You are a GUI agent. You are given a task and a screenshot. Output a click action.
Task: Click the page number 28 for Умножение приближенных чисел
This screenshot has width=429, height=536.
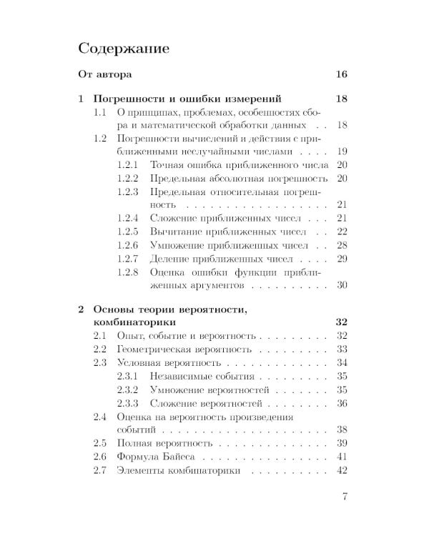click(x=341, y=244)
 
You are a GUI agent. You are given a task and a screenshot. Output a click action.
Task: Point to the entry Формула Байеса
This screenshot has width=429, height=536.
click(x=154, y=456)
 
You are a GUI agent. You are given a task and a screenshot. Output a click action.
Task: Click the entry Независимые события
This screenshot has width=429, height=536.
click(x=202, y=376)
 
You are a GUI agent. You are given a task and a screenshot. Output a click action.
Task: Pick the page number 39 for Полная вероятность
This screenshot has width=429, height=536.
click(x=341, y=442)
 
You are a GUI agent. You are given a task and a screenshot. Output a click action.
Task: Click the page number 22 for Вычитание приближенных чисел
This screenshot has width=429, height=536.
click(x=341, y=231)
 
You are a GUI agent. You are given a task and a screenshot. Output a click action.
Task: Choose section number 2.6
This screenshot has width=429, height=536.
click(x=101, y=456)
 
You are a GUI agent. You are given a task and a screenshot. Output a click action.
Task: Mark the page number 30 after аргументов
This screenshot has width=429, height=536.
click(x=341, y=284)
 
